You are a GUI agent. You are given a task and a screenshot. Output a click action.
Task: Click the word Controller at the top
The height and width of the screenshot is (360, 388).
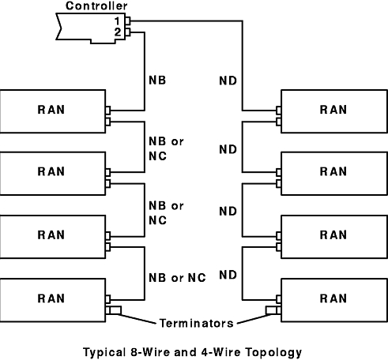click(x=96, y=6)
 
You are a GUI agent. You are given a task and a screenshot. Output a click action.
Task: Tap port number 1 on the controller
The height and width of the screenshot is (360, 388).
click(x=118, y=21)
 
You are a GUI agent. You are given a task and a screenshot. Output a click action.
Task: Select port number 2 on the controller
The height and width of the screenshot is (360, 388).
click(x=118, y=32)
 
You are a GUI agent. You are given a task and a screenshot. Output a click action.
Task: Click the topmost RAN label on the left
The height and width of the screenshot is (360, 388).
click(x=51, y=110)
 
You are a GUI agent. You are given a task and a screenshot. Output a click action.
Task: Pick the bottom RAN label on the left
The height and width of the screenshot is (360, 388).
click(x=51, y=298)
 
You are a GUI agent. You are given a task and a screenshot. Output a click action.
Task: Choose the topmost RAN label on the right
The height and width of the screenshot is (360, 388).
click(x=333, y=110)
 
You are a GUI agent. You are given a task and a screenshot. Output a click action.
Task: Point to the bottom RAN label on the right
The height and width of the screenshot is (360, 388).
click(x=333, y=298)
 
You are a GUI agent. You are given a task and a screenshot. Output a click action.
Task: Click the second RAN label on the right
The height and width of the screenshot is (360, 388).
click(x=333, y=171)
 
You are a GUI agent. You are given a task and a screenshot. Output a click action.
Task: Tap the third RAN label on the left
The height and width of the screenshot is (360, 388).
click(x=51, y=235)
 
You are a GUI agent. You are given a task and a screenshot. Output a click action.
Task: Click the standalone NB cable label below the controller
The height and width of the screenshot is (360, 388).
click(x=157, y=81)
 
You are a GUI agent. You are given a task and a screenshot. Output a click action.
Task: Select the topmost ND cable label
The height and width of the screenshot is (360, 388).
click(x=228, y=81)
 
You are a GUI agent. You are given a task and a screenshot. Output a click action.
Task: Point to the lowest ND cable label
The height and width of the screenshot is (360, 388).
click(x=228, y=275)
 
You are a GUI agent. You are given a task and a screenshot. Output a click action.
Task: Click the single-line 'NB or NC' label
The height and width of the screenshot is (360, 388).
click(x=177, y=278)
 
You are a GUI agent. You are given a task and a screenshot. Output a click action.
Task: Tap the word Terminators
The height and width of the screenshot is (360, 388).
click(x=197, y=323)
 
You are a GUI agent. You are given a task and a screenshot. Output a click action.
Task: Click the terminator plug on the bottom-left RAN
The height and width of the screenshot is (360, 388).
click(x=115, y=310)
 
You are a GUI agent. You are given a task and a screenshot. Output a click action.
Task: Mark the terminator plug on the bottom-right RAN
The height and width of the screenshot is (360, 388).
click(x=271, y=310)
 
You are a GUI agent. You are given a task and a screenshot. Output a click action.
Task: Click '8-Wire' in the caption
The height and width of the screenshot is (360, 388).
click(x=150, y=352)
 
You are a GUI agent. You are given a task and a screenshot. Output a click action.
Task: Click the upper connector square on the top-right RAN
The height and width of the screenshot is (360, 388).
click(x=279, y=111)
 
